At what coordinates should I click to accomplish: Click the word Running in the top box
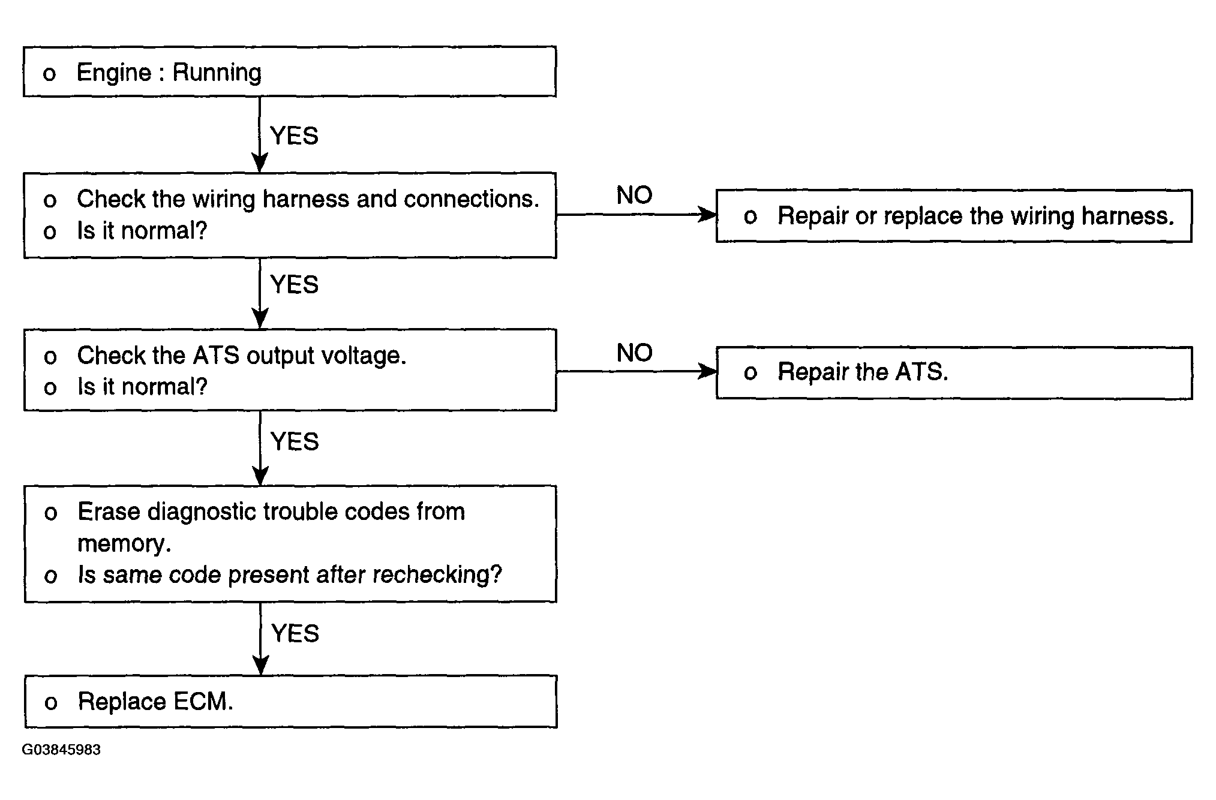click(217, 73)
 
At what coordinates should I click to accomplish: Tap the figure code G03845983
click(61, 750)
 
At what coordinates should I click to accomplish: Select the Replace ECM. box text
click(155, 702)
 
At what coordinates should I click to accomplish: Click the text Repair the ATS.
click(863, 372)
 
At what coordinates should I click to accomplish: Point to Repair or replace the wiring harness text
click(975, 216)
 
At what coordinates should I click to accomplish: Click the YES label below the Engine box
click(294, 136)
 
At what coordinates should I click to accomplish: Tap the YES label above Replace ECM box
click(295, 634)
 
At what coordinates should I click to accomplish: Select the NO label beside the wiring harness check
click(634, 196)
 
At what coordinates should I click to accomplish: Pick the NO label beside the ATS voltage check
click(634, 353)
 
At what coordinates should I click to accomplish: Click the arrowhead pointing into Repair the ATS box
click(707, 372)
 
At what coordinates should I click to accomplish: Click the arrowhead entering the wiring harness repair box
click(707, 215)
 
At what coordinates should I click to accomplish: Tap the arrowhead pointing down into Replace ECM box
click(260, 666)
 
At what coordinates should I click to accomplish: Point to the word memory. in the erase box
click(124, 544)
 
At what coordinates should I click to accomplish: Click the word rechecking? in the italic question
click(437, 575)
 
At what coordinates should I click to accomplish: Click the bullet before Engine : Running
click(49, 74)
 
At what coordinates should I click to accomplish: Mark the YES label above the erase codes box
click(294, 442)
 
